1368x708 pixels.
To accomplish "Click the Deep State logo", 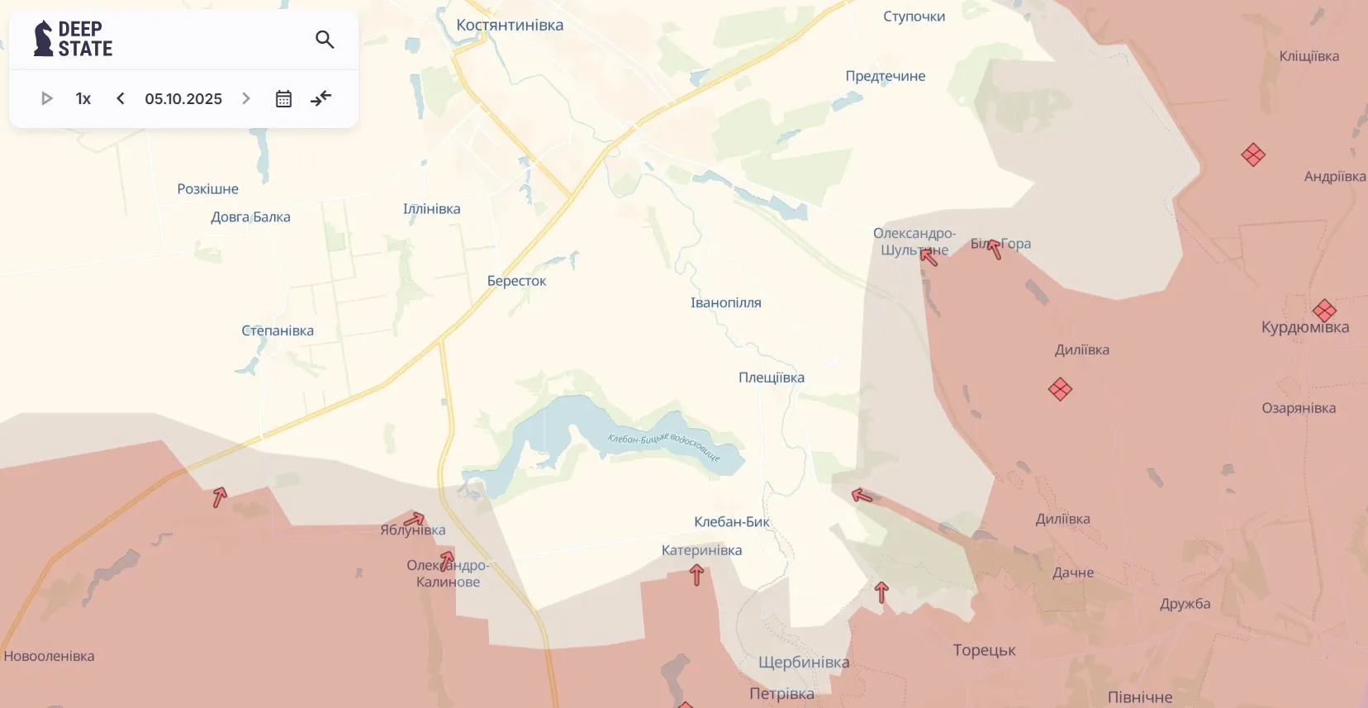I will coord(73,39).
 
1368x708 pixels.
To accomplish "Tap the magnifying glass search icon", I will coord(325,39).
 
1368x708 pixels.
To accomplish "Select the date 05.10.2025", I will coord(183,99).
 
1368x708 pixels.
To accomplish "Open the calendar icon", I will coord(283,99).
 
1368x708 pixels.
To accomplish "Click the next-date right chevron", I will coord(246,98).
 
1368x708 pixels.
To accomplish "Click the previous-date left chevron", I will coord(121,98).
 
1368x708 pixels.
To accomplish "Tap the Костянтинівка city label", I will coord(510,26).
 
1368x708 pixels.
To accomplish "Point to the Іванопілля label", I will coord(725,303).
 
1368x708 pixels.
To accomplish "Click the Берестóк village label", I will coord(516,281).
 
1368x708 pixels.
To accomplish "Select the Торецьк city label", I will coord(984,650).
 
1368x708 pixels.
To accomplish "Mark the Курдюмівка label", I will coord(1304,328).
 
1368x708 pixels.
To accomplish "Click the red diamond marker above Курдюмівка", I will coord(1324,310).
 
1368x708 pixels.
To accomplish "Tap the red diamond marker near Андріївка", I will coord(1253,154).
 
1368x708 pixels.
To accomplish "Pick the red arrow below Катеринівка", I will coord(696,574).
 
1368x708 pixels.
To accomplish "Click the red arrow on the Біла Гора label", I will coord(994,248).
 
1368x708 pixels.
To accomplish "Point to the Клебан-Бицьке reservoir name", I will coord(663,445).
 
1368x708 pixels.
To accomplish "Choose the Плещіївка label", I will coord(771,378).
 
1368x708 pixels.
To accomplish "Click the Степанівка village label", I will coord(278,330).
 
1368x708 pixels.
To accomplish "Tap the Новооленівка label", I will coord(49,657).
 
